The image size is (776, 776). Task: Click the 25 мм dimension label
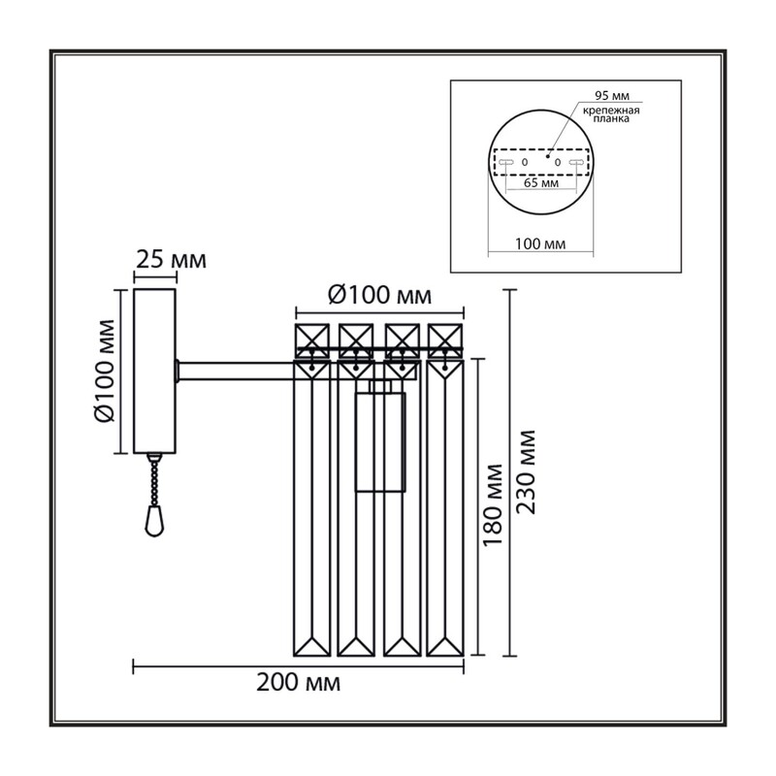172,259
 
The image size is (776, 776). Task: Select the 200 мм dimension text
299,683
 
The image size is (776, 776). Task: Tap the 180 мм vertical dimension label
493,505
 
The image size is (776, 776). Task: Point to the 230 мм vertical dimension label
526,472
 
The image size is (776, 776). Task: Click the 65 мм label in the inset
541,183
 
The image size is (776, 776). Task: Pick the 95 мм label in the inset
612,95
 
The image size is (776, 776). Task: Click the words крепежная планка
611,114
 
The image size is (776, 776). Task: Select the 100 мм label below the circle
540,244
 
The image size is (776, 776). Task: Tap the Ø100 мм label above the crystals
379,296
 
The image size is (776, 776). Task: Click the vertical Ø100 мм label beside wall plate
105,371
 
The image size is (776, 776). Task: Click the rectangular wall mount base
154,372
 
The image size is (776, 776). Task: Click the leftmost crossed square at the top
312,340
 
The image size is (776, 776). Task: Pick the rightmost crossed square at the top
445,340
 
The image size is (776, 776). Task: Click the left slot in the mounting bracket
506,162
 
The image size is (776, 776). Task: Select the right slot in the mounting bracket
576,162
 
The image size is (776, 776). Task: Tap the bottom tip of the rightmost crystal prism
445,657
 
